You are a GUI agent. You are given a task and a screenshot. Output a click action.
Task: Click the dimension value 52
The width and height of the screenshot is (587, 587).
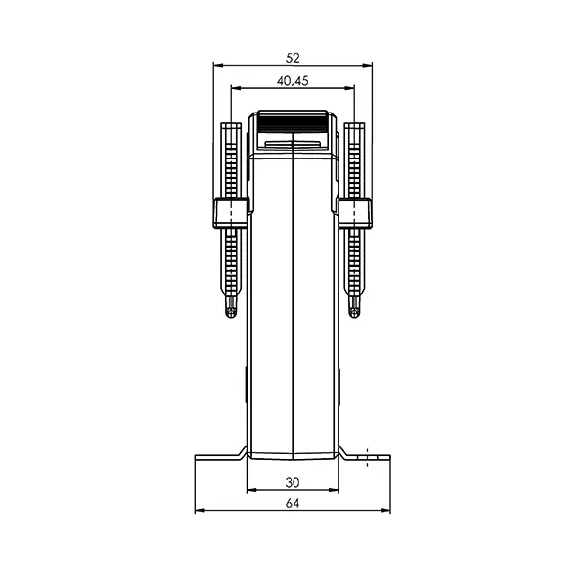293,57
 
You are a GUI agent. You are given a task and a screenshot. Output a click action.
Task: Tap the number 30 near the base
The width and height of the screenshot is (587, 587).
293,481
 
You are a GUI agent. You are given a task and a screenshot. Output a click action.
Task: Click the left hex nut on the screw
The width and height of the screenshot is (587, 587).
230,212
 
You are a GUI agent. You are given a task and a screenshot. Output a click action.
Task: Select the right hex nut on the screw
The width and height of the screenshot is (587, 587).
355,212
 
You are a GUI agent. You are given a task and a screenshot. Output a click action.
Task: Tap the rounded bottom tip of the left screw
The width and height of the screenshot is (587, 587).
231,312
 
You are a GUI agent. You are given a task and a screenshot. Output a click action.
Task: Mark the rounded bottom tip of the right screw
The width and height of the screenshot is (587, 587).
355,312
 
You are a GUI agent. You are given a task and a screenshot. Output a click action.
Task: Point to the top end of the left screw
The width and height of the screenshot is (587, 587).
231,126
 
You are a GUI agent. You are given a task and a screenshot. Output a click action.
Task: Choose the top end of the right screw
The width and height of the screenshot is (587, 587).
355,126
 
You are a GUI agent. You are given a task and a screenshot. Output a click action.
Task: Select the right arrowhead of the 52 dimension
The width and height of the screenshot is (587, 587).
370,66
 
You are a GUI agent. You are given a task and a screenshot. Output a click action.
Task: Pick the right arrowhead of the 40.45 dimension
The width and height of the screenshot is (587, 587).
352,89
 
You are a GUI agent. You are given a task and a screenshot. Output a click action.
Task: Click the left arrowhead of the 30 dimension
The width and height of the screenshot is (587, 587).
250,490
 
